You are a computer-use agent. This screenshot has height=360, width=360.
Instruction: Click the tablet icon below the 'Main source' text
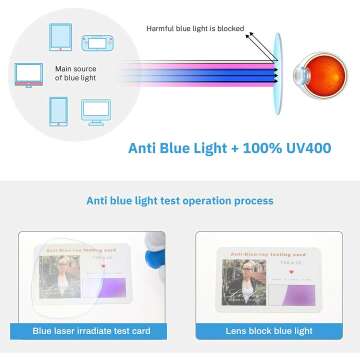pos(59,110)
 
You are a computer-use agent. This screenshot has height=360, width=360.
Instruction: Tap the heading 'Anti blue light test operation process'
pos(179,200)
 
